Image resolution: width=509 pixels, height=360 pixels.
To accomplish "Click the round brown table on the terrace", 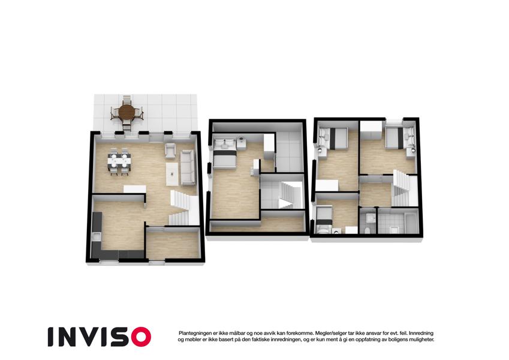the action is [x=127, y=112].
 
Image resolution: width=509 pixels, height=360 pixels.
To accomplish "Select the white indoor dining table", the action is [x=119, y=161].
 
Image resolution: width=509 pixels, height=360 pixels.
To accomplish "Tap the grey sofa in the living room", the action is [x=188, y=167].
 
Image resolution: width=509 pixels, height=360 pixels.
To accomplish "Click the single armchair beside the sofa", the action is [x=170, y=151].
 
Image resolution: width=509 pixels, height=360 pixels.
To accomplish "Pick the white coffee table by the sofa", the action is [x=172, y=174].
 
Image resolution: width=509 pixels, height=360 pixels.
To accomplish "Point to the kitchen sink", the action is [x=96, y=237].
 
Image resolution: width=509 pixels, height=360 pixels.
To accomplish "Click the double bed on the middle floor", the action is [x=224, y=154].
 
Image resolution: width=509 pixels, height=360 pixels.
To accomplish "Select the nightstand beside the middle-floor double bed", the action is [x=241, y=143].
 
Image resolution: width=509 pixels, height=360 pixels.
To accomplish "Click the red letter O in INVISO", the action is [x=141, y=337].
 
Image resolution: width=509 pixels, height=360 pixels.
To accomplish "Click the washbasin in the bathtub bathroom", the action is [x=394, y=230].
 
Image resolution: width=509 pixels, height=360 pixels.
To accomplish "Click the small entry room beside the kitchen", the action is [x=173, y=244].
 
